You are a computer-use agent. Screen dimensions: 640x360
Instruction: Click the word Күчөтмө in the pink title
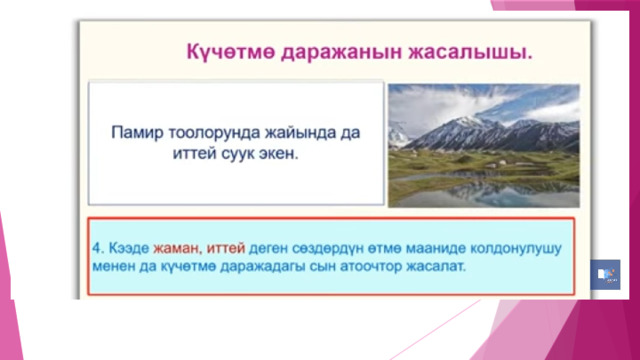pos(230,52)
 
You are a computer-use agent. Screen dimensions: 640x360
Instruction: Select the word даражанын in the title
pos(342,53)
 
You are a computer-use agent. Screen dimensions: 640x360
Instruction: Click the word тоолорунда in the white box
pos(214,133)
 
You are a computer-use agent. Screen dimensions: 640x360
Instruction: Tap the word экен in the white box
pos(278,154)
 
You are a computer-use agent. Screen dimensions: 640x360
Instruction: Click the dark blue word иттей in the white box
pos(194,154)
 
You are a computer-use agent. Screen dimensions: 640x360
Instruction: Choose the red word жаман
pos(177,248)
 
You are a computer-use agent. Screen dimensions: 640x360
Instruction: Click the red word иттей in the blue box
pos(226,248)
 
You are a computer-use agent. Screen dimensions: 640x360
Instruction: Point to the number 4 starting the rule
pos(97,248)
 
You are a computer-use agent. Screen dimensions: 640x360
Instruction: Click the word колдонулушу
pos(516,248)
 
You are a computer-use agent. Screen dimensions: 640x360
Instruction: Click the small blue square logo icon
pos(605,275)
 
